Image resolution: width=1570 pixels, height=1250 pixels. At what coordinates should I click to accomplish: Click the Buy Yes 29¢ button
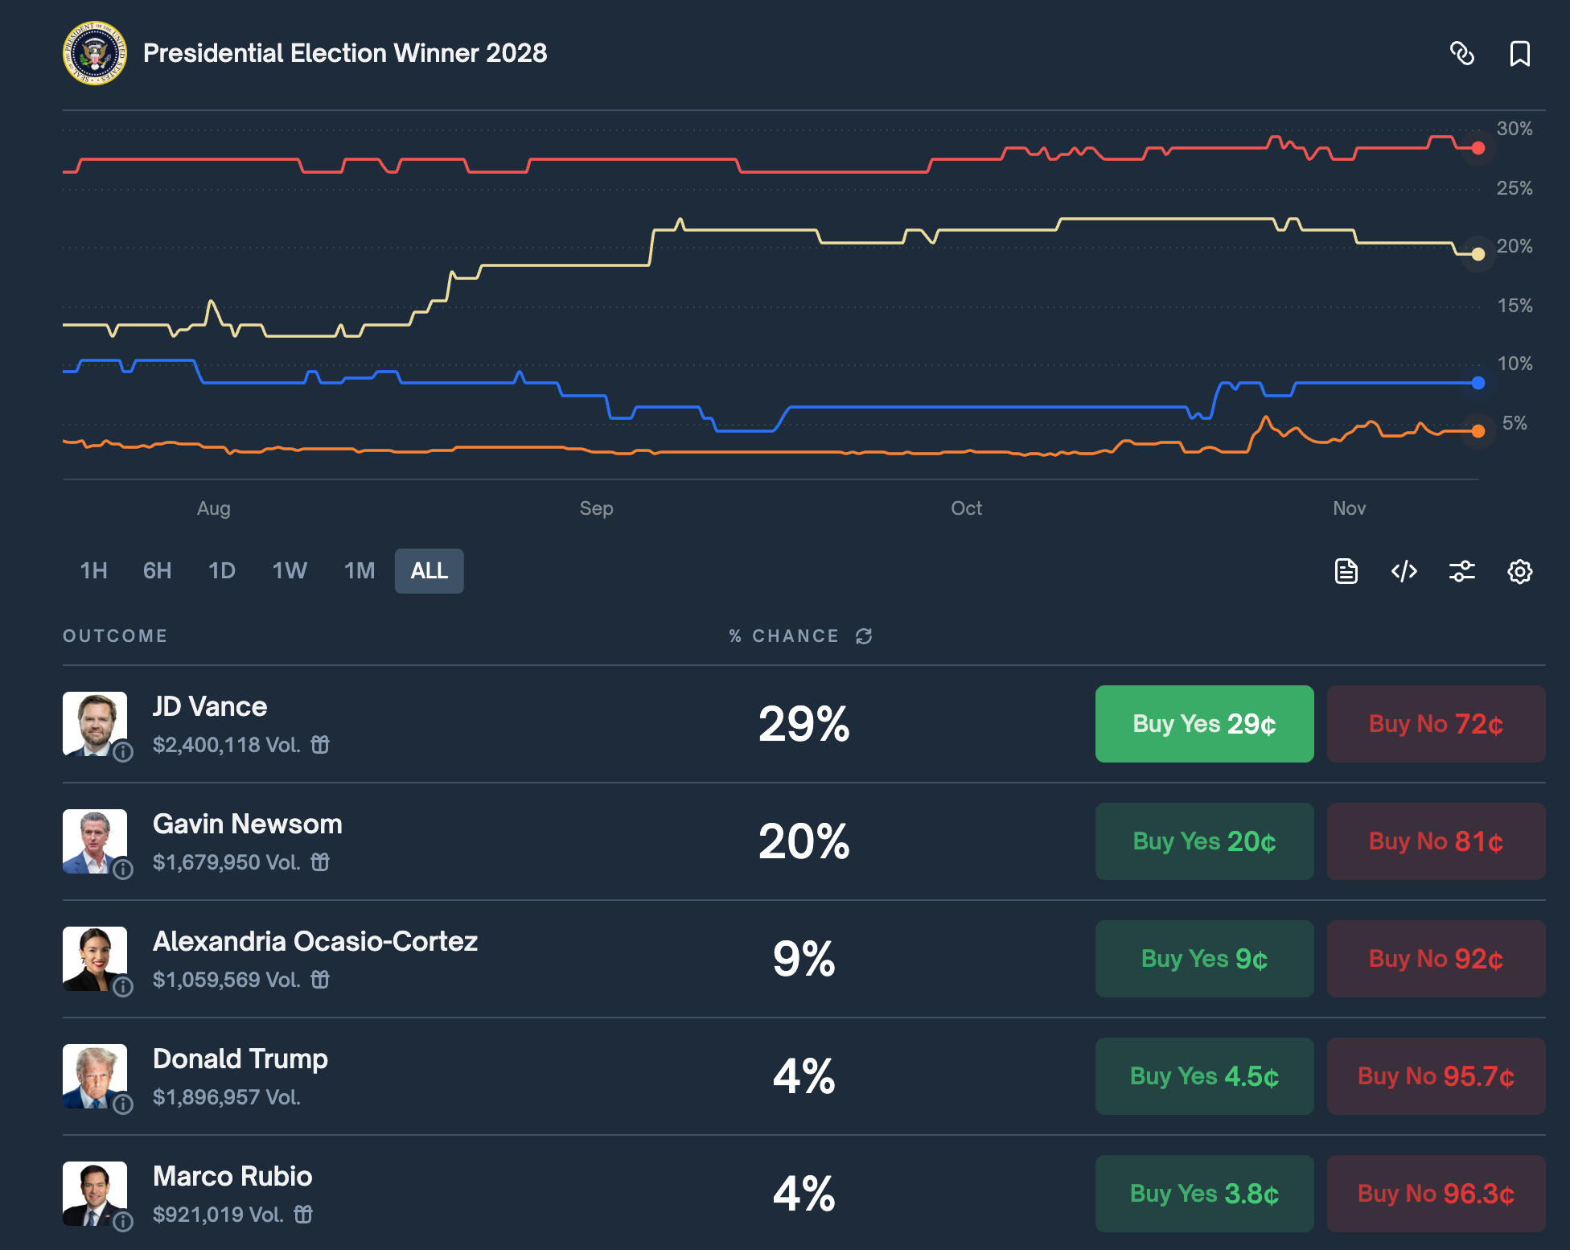(1204, 724)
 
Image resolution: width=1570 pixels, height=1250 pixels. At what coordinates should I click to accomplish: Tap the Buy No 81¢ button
(1436, 841)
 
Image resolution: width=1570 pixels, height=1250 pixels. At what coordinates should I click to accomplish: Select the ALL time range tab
(429, 571)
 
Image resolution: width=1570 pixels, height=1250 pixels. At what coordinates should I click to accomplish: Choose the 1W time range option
(290, 571)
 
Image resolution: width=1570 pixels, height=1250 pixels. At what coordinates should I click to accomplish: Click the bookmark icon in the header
(1519, 54)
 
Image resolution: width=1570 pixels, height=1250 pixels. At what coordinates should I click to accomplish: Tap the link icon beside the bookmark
(1461, 54)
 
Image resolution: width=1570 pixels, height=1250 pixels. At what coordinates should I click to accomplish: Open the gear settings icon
(1519, 572)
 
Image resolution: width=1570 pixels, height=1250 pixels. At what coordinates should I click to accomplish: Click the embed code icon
(1404, 572)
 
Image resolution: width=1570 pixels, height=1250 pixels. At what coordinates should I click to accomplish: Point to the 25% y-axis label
(1514, 188)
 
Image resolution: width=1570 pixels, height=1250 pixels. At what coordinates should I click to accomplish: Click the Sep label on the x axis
(596, 508)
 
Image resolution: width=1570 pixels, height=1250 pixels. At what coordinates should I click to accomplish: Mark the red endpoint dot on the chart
(1478, 148)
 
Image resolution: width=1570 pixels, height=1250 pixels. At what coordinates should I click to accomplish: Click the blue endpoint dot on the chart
(1478, 383)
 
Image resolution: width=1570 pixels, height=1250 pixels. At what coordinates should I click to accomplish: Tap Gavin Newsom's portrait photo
(95, 841)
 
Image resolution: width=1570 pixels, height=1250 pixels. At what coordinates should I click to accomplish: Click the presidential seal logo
(95, 53)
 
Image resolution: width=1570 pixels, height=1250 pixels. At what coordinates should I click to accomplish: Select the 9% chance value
(803, 959)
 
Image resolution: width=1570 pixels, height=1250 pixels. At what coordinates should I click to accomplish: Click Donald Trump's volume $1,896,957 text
(226, 1097)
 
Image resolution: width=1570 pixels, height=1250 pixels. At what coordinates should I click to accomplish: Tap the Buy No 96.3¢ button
(1436, 1194)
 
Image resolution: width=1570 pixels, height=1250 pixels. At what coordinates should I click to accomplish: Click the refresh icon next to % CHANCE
(864, 636)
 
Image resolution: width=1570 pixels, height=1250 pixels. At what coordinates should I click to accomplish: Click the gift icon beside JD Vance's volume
(320, 745)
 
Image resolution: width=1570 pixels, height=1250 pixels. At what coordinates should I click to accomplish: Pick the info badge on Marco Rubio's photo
(123, 1222)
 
